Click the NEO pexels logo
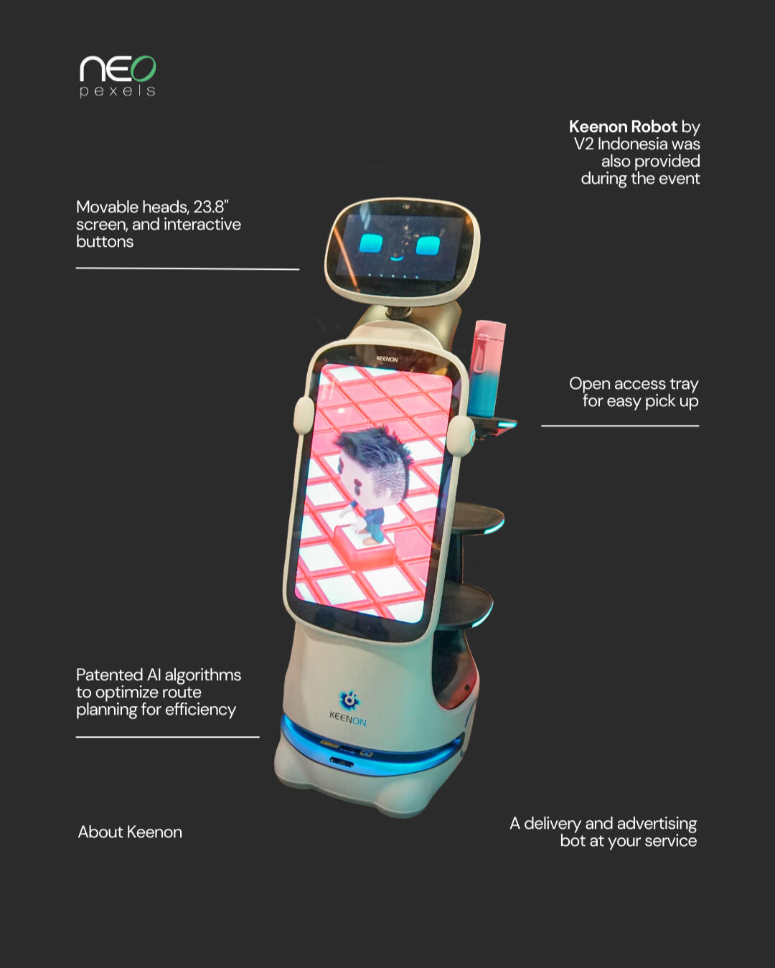click(x=118, y=75)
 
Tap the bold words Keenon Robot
click(x=622, y=127)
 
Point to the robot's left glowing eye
click(x=371, y=244)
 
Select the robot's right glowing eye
click(x=428, y=246)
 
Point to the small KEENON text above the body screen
click(x=387, y=359)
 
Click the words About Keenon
click(x=130, y=832)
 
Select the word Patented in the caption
click(x=109, y=675)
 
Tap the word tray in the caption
click(x=683, y=384)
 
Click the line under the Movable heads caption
click(x=187, y=268)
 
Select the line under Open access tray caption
click(x=620, y=426)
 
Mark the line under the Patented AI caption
click(x=167, y=736)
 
